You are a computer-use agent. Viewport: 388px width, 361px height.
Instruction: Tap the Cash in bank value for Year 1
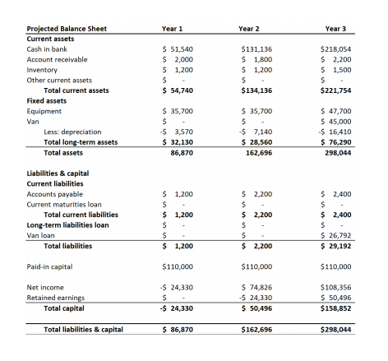point(178,49)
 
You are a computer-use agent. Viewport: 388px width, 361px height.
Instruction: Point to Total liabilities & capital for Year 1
point(178,330)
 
